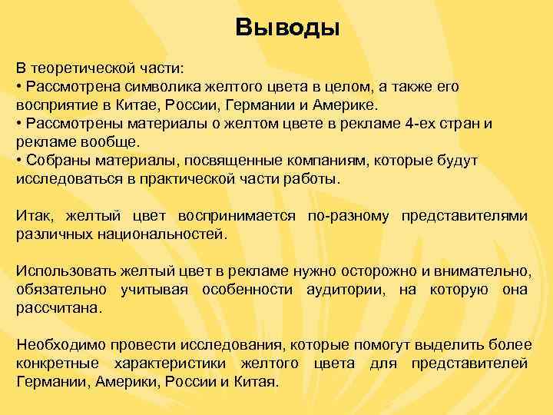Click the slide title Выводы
pyautogui.click(x=286, y=28)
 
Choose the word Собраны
pyautogui.click(x=55, y=160)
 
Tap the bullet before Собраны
pyautogui.click(x=20, y=160)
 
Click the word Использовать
pyautogui.click(x=64, y=271)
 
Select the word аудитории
pyautogui.click(x=343, y=289)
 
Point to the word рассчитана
pyautogui.click(x=58, y=307)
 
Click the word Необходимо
pyautogui.click(x=58, y=344)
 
